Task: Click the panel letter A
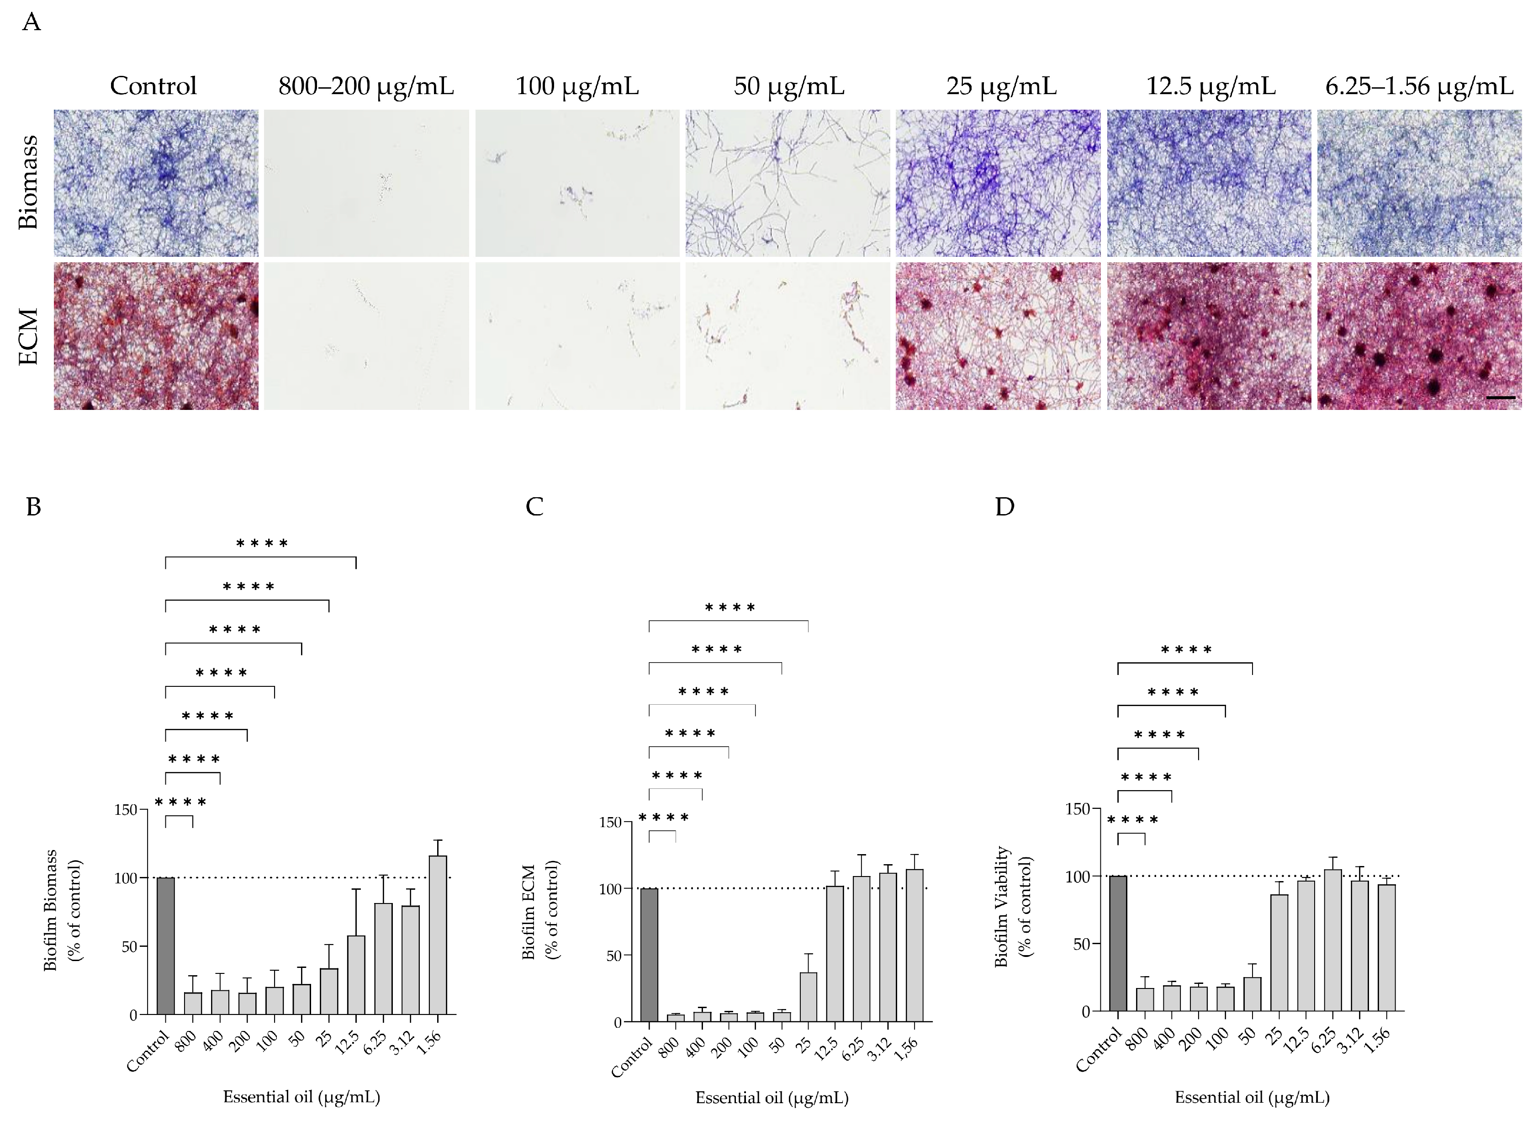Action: (x=31, y=22)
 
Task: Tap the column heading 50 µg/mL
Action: (x=789, y=86)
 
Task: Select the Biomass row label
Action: (x=28, y=182)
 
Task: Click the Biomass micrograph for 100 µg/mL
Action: (x=577, y=183)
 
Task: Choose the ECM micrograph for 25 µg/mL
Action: (x=998, y=336)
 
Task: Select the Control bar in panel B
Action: (x=166, y=946)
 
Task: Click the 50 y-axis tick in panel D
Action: (x=1082, y=944)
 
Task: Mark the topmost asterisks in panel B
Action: (x=262, y=543)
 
